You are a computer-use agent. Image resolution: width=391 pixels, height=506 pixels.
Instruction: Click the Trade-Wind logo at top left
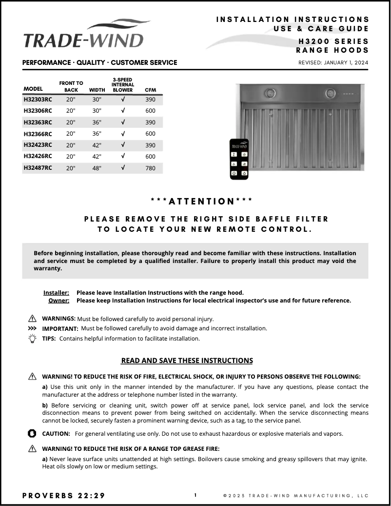(83, 36)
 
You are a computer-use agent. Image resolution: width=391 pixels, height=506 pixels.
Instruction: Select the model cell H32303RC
(38, 100)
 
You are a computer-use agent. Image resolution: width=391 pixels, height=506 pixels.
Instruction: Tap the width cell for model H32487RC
(97, 168)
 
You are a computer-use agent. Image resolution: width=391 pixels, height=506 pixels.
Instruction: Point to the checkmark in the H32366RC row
(123, 134)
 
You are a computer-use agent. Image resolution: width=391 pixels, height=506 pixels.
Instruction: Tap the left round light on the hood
(270, 93)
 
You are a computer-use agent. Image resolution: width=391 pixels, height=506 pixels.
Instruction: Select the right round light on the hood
(331, 93)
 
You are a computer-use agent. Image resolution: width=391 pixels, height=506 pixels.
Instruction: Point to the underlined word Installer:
(56, 293)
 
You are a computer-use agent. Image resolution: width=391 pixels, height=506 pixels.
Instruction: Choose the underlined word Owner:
(59, 301)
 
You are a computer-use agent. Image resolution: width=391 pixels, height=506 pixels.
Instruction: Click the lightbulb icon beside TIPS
(32, 339)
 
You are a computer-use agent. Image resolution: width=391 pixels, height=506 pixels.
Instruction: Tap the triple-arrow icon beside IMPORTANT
(32, 328)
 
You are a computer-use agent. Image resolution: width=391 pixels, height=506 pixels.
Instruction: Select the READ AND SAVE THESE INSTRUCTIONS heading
(187, 361)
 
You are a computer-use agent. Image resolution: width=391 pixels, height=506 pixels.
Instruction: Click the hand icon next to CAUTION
(32, 433)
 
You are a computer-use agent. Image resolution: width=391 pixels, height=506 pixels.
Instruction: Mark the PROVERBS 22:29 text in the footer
(64, 496)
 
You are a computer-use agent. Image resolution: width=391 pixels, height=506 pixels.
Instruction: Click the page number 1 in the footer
(195, 495)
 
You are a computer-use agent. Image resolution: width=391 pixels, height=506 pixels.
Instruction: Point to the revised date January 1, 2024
(333, 62)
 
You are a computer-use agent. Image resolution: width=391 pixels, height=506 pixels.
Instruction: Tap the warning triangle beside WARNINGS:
(32, 319)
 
